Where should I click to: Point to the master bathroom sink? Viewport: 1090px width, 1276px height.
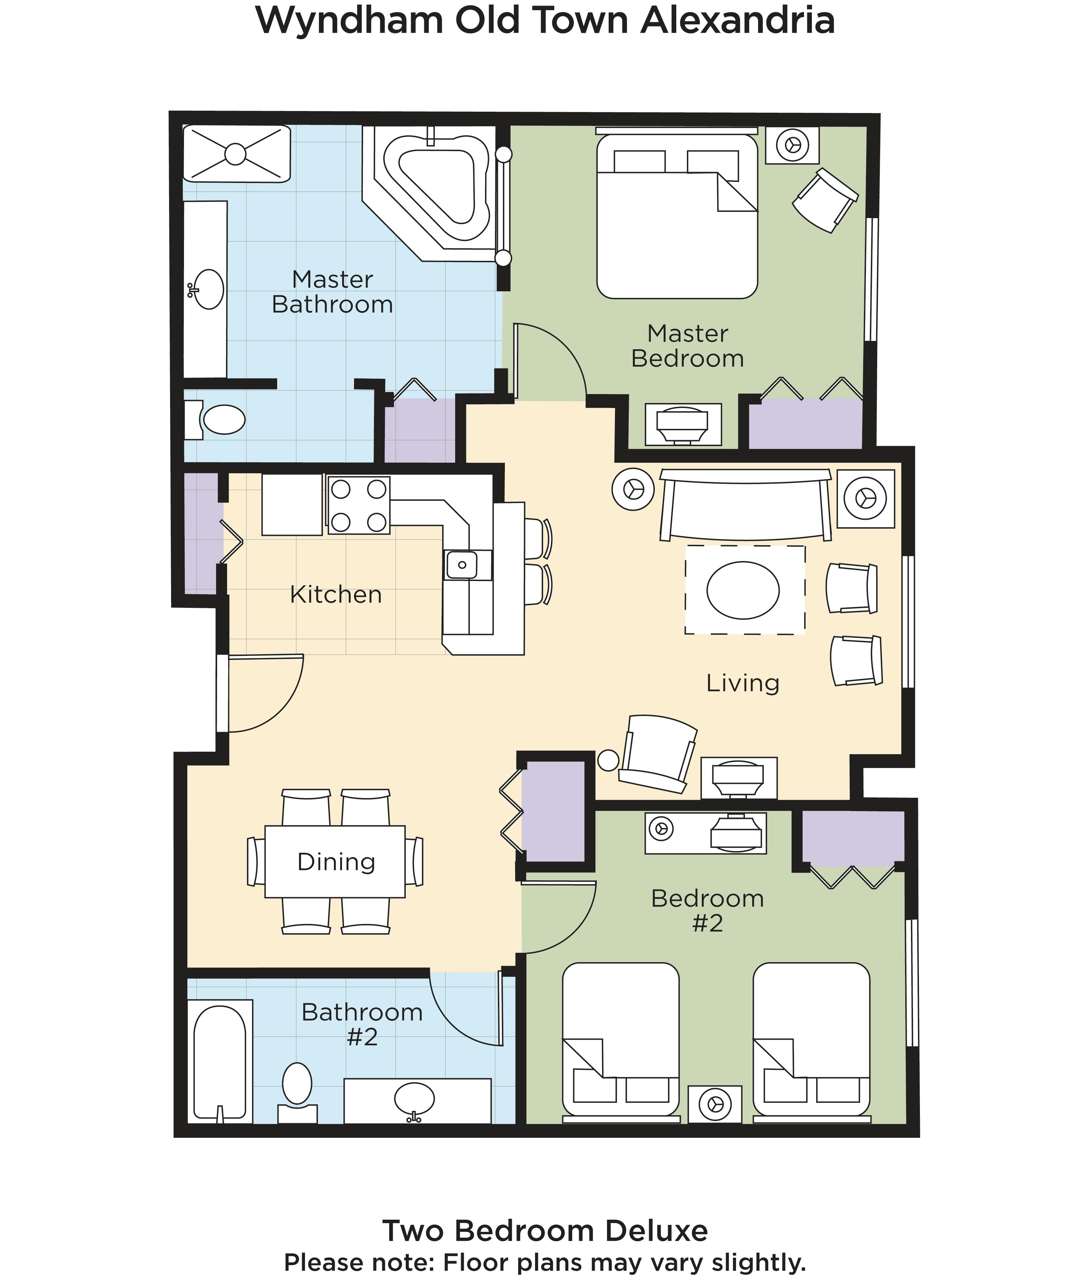pos(208,289)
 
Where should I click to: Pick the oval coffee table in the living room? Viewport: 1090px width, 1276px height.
pos(743,590)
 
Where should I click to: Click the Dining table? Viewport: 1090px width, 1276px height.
pos(335,861)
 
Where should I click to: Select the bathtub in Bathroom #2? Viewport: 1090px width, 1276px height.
pos(220,1062)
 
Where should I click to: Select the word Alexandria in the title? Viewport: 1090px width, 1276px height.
pos(737,20)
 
